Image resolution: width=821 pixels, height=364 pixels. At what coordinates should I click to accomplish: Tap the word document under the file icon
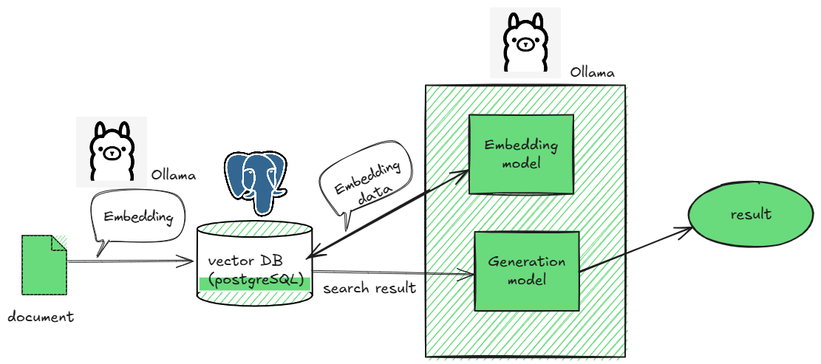point(41,317)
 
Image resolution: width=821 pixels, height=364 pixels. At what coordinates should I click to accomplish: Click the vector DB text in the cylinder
point(245,261)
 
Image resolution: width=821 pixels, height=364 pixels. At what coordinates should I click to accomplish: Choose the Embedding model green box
point(521,154)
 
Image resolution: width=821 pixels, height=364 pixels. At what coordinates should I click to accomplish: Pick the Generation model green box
point(526,271)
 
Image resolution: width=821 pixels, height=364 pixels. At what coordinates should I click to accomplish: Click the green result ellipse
point(751,215)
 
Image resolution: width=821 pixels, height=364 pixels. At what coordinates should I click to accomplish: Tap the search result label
point(369,288)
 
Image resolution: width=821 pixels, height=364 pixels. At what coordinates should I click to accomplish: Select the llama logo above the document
point(111,151)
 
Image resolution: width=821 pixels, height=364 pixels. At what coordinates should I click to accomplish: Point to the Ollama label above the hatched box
point(592,73)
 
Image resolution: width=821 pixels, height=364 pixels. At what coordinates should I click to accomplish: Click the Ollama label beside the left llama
point(174,176)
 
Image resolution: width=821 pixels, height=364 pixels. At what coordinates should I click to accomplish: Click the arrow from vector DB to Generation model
point(392,274)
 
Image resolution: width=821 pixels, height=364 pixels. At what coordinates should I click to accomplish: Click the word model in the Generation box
point(526,281)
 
